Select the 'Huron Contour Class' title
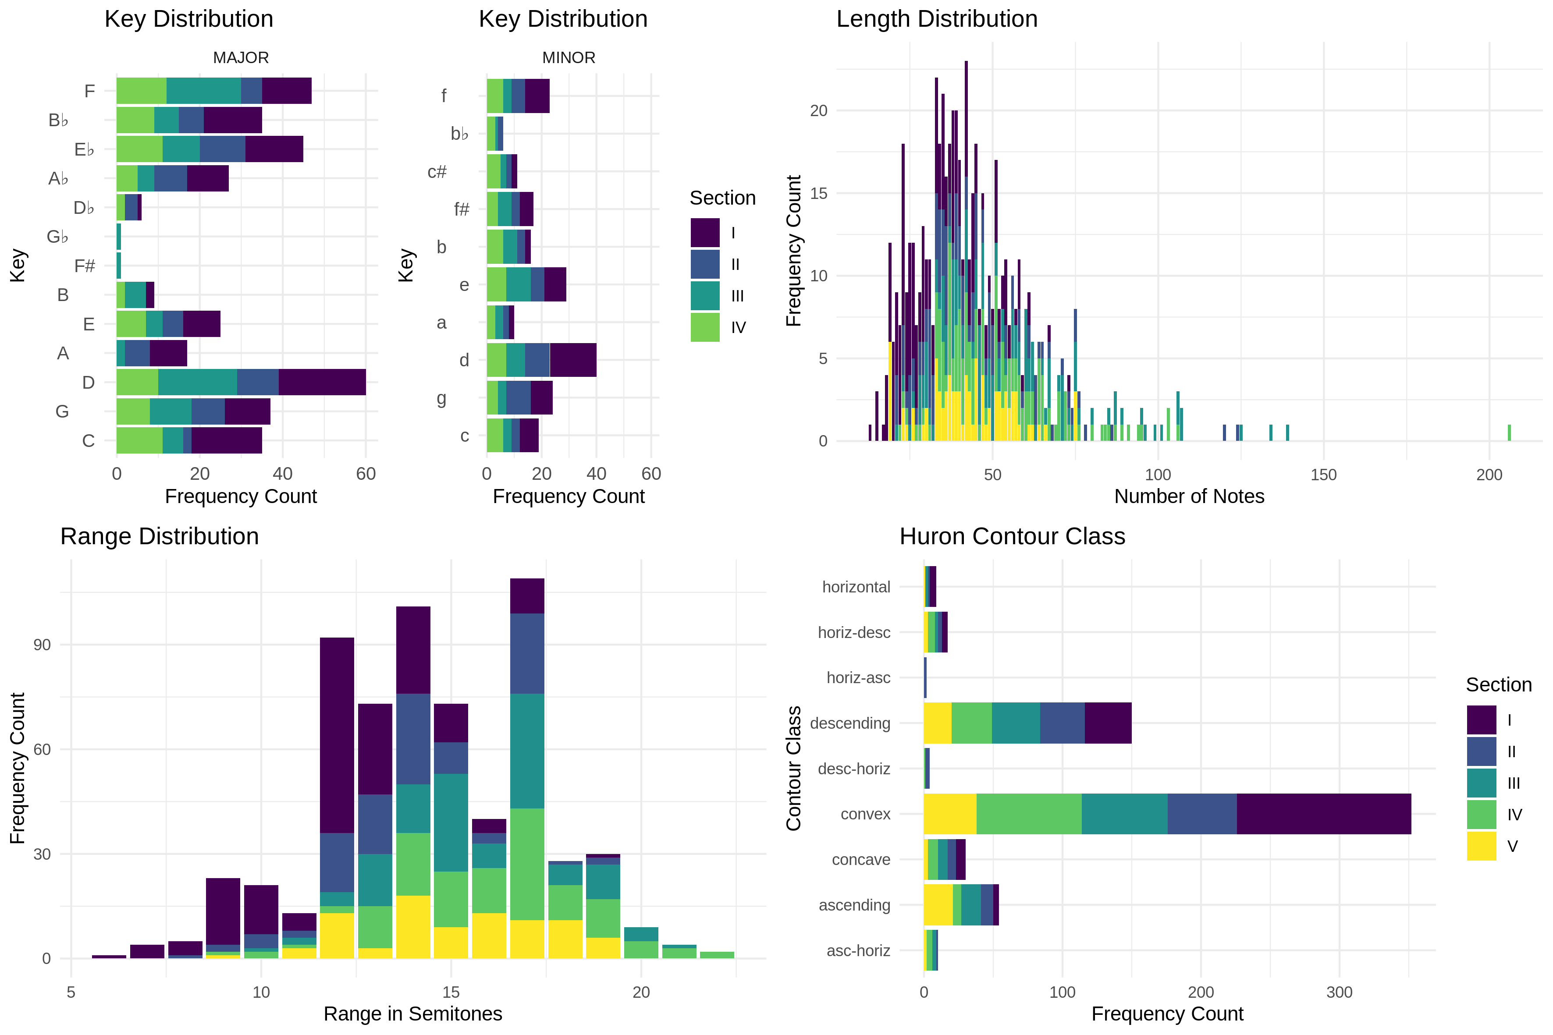coord(1012,537)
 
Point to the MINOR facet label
coord(569,58)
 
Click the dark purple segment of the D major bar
coord(322,382)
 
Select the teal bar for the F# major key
coord(119,266)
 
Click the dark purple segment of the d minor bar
coord(572,360)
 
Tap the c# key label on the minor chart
coord(437,172)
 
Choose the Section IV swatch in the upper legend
coord(704,327)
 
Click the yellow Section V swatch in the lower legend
coord(1481,846)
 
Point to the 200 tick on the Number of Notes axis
coord(1489,475)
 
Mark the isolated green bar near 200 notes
coord(1509,432)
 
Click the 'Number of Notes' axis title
coord(1188,496)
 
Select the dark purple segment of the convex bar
coord(1323,814)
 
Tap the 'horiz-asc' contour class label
coord(858,678)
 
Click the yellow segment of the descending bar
coord(937,723)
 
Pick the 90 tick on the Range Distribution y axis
coord(42,645)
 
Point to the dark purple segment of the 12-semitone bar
coord(337,735)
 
